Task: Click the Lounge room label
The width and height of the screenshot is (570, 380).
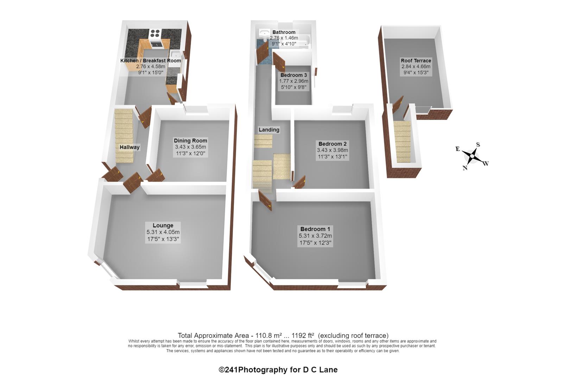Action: pos(163,225)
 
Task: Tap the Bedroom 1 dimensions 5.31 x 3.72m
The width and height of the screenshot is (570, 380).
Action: pos(315,236)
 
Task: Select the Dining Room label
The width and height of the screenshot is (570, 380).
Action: pos(190,140)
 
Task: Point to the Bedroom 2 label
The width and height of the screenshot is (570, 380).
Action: pos(332,144)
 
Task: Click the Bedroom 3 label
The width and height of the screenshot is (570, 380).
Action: pos(294,75)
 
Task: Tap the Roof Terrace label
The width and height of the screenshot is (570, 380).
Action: pos(416,61)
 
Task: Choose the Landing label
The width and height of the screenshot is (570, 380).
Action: pos(269,130)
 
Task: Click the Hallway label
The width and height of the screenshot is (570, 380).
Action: pos(129,147)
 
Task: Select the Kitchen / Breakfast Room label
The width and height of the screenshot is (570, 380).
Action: pos(151,61)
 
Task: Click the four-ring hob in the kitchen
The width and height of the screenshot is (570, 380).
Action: pos(155,33)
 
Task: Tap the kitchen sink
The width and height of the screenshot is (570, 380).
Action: pos(175,55)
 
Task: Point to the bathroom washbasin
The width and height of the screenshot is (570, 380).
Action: pos(265,33)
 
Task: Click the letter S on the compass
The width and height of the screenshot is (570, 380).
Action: pos(478,145)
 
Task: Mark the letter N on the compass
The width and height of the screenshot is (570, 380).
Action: pos(465,167)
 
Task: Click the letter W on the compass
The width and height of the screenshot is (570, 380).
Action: pos(486,164)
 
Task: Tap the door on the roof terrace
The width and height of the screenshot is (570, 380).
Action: pos(398,104)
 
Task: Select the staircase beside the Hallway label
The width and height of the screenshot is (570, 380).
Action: pos(124,136)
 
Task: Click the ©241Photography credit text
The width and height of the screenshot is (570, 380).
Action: pos(278,370)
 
